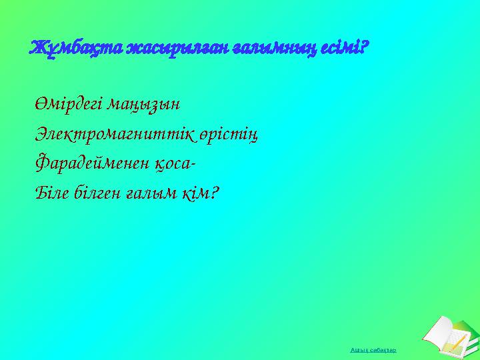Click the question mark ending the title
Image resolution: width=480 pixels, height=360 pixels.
[x=367, y=48]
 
